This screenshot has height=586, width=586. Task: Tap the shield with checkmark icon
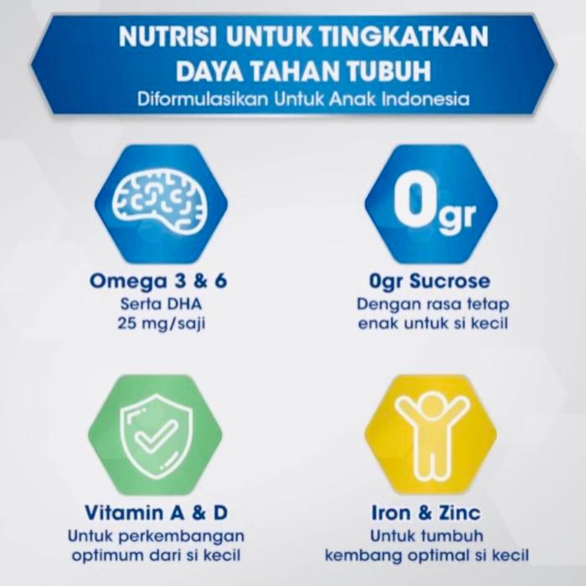pos(159,434)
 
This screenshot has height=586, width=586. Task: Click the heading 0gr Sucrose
pos(433,280)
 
